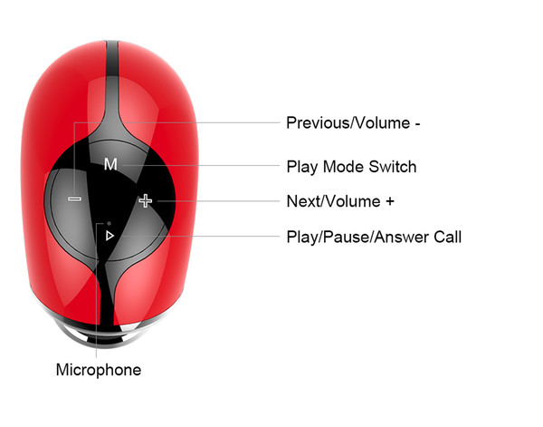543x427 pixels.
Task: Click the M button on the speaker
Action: pyautogui.click(x=110, y=164)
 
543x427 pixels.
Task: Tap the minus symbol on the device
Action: pyautogui.click(x=74, y=199)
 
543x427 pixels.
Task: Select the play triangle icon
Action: pyautogui.click(x=110, y=236)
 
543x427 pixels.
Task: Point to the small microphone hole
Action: pyautogui.click(x=110, y=223)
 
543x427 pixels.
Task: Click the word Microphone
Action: pyautogui.click(x=99, y=370)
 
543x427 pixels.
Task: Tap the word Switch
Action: pyautogui.click(x=393, y=167)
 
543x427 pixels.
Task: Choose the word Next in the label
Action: pyautogui.click(x=302, y=201)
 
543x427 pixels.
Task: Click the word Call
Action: pyautogui.click(x=448, y=237)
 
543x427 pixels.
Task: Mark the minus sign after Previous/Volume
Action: pyautogui.click(x=417, y=124)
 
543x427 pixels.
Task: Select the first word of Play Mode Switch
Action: pyautogui.click(x=302, y=167)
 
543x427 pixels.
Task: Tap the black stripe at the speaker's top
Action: pyautogui.click(x=112, y=59)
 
